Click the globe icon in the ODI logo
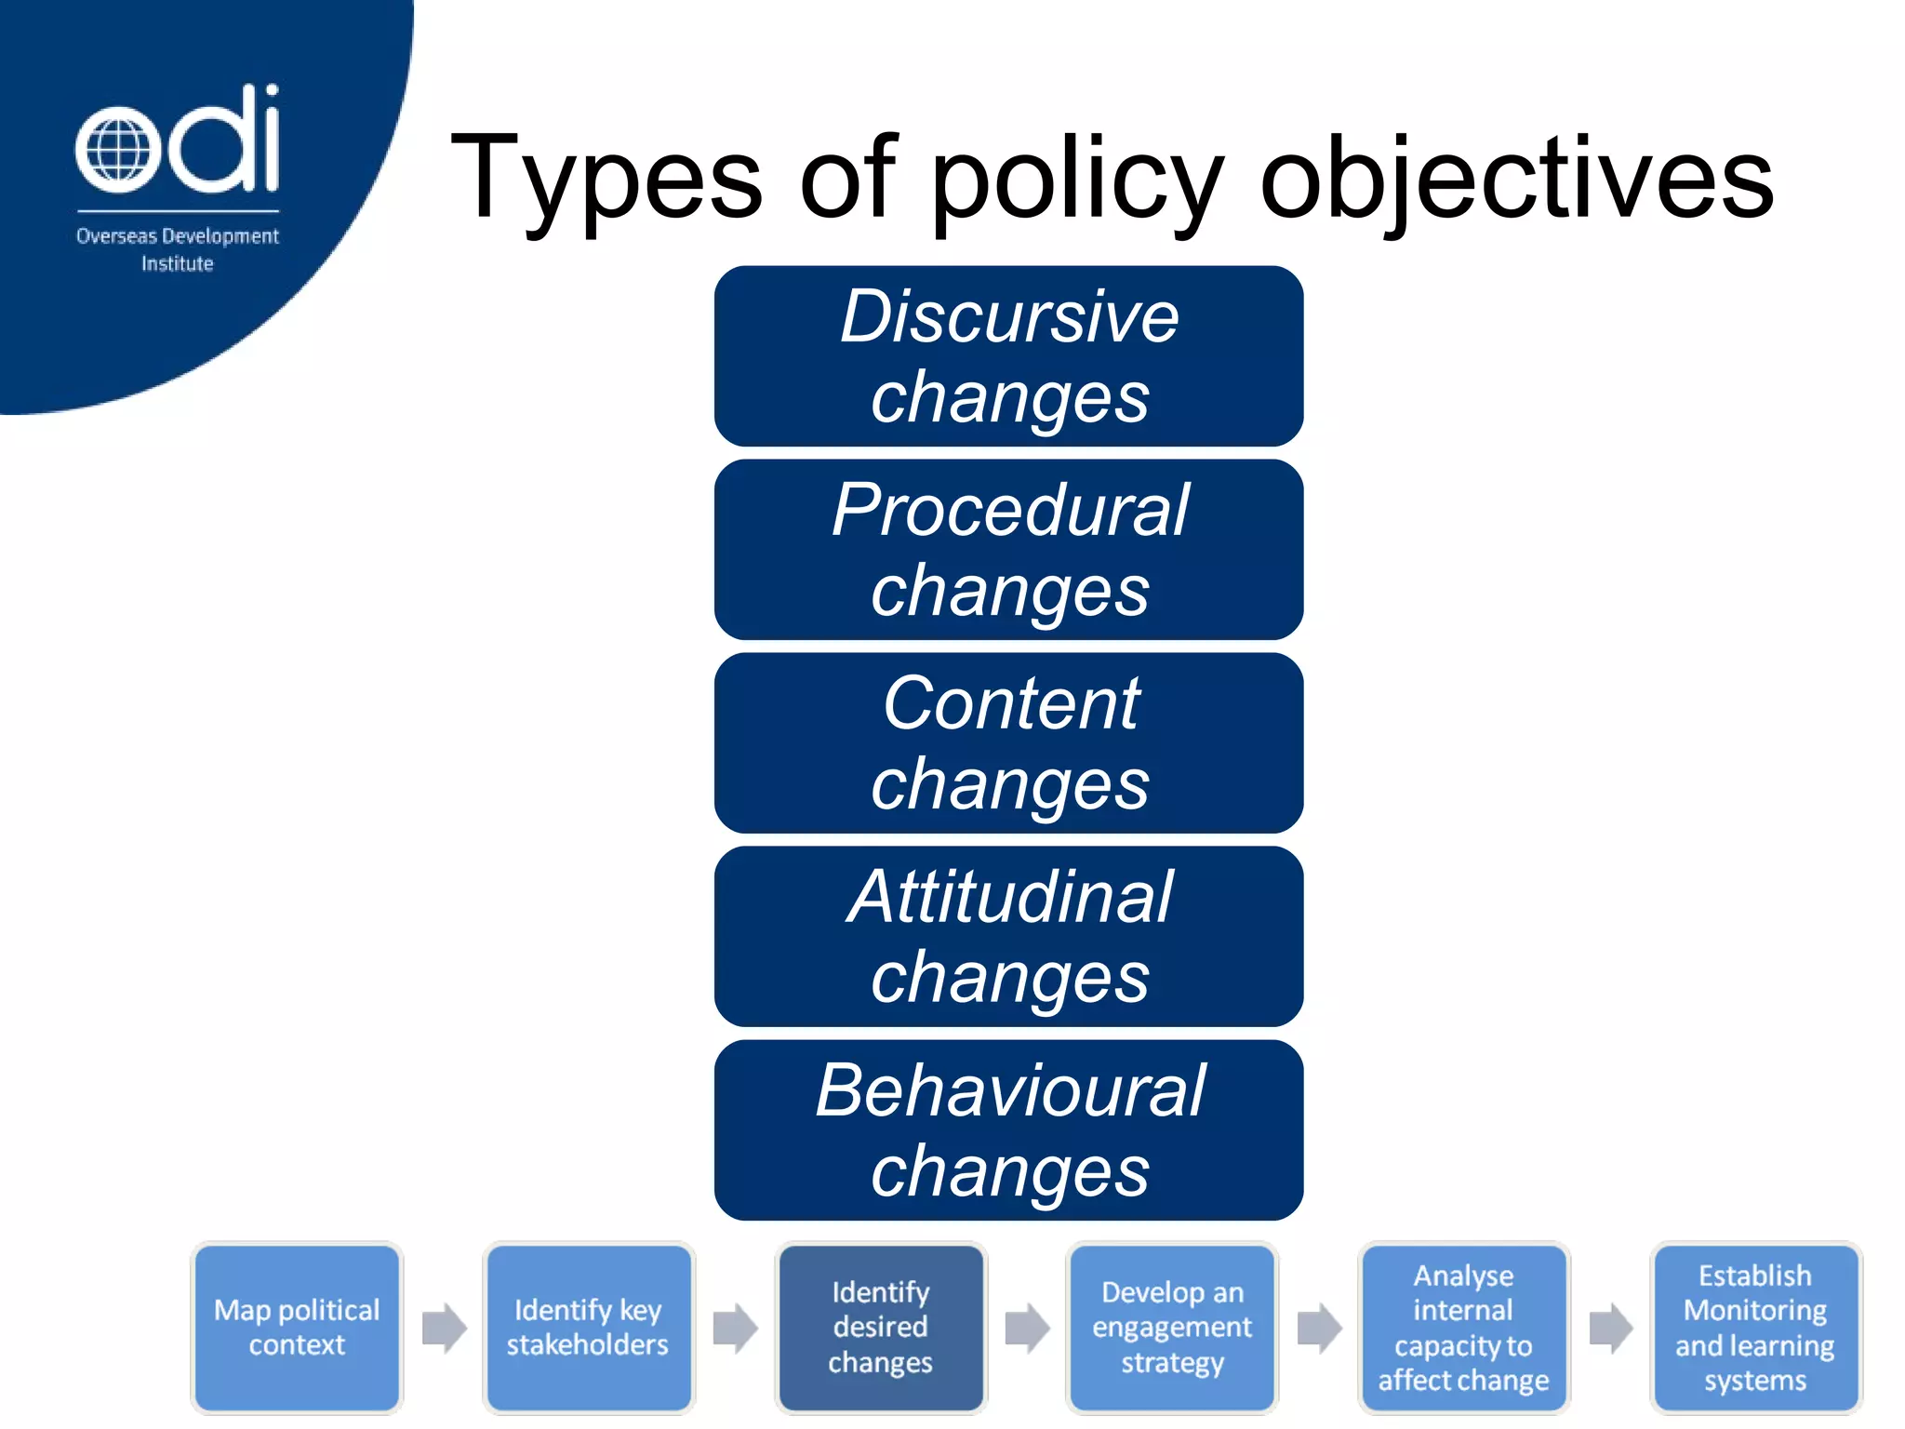(113, 151)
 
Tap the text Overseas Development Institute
(177, 249)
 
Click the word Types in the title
(606, 179)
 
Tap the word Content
(1010, 703)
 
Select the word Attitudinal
(1010, 897)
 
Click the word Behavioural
(1010, 1090)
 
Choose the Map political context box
(297, 1328)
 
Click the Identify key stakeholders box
(588, 1328)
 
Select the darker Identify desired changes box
(880, 1328)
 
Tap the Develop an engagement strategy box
(1172, 1328)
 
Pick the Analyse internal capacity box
(1463, 1328)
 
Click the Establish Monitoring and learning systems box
(1755, 1328)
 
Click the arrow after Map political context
(444, 1328)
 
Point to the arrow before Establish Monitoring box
(1611, 1328)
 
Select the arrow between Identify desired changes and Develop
(1027, 1328)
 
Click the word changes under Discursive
(1010, 398)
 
